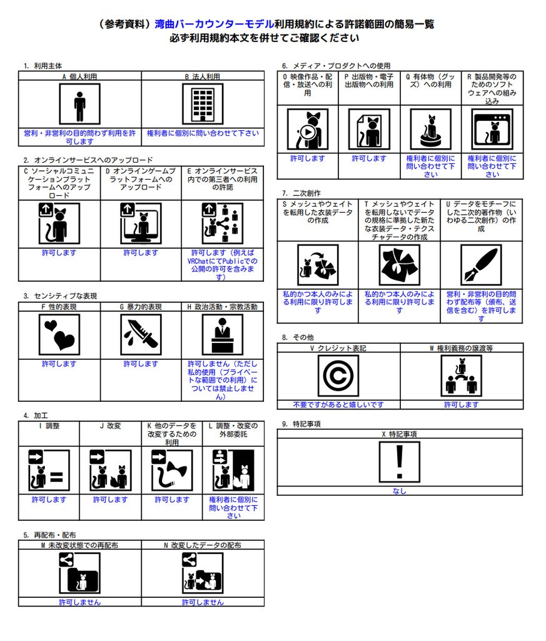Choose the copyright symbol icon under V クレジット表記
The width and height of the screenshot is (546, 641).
click(338, 376)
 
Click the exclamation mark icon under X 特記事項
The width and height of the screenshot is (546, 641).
click(399, 462)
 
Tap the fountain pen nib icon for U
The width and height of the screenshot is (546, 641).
click(481, 265)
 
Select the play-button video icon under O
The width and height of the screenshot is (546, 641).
click(308, 130)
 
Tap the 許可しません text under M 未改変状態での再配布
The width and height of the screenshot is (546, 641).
click(79, 602)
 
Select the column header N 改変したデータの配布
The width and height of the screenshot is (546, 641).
click(202, 545)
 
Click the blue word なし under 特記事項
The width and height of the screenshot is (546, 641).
click(399, 491)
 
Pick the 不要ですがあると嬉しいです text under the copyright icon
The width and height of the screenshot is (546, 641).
click(338, 405)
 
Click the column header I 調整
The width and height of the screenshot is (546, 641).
click(49, 426)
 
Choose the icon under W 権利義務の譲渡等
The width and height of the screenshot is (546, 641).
click(461, 376)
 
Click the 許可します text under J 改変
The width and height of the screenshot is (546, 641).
click(110, 500)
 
